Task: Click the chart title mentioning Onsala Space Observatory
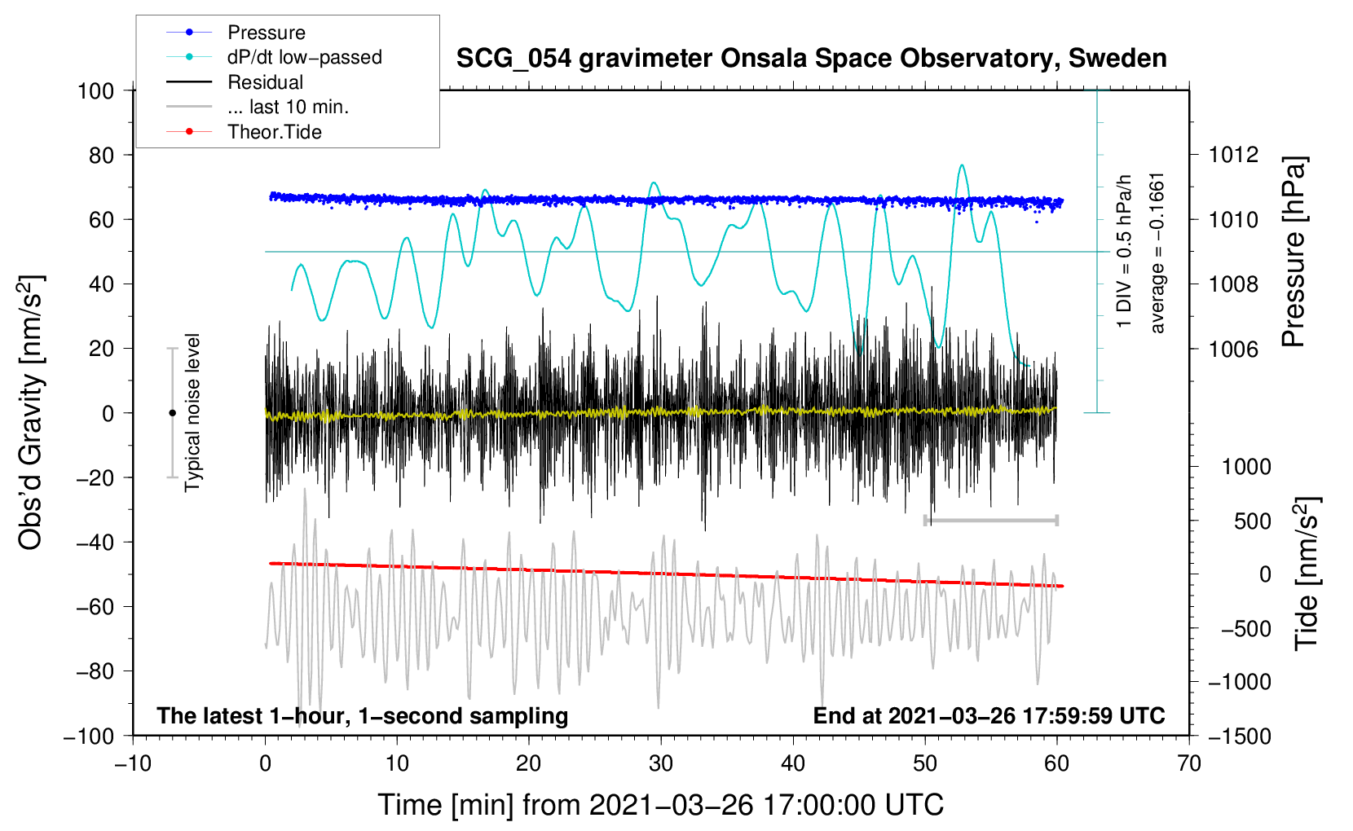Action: (811, 59)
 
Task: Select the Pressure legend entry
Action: (266, 33)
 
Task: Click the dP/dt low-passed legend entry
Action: (304, 57)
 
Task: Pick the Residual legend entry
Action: (265, 82)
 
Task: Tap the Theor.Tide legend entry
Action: (274, 132)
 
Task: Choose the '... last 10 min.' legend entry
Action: (288, 107)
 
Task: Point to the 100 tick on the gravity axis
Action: (95, 90)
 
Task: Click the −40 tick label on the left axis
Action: (95, 542)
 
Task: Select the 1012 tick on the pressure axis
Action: (1234, 155)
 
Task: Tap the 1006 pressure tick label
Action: (1234, 349)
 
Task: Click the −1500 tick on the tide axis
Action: (1239, 736)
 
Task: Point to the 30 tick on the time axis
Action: (661, 763)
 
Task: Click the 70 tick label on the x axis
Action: (1189, 763)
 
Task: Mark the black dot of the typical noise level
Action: (172, 413)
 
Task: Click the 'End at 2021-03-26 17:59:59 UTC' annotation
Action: (989, 715)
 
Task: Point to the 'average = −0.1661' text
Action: (1157, 253)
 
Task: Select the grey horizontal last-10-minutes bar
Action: (990, 520)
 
